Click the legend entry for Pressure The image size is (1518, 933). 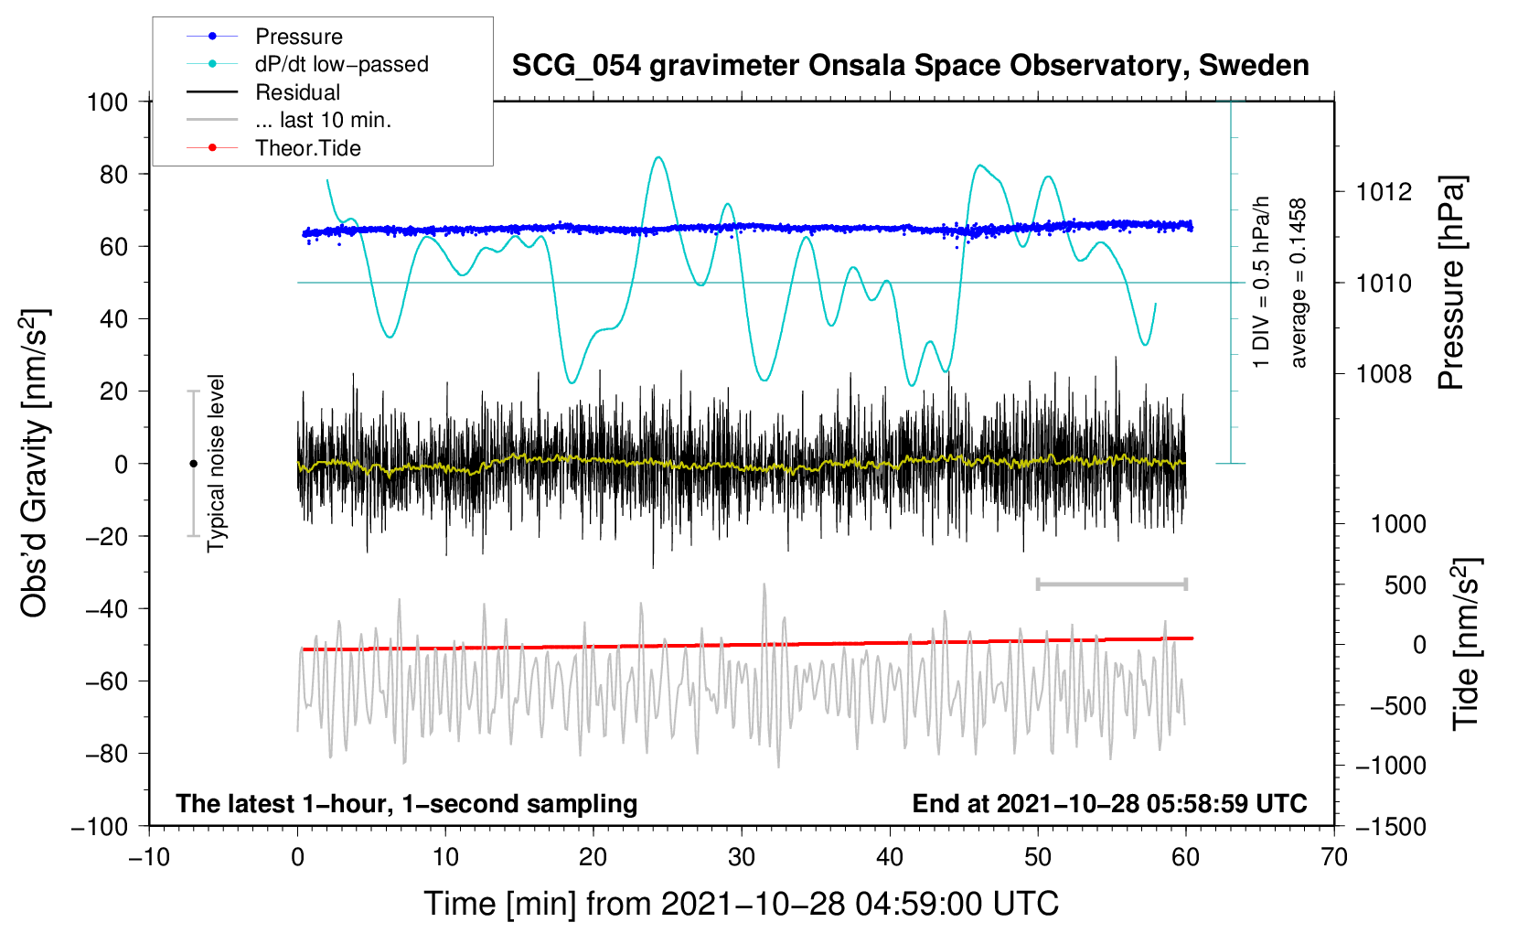(264, 36)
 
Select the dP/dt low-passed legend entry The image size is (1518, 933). (307, 64)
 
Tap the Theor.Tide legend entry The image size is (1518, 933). (273, 148)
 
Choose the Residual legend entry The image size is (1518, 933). (263, 92)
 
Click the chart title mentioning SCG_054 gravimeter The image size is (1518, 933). (910, 66)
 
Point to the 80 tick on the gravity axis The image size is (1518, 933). (113, 175)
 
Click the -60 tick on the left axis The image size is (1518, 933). (106, 681)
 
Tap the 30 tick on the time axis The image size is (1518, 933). (742, 857)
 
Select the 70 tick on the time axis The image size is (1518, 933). (1333, 857)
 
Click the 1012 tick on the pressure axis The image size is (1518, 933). (1384, 192)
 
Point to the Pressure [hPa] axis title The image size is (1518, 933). (1451, 283)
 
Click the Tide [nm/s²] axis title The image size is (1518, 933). (1466, 644)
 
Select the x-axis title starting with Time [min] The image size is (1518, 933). (742, 904)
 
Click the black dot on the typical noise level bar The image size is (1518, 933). (193, 464)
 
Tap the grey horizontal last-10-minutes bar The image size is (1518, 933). (1111, 584)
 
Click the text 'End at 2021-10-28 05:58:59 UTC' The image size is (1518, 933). (1109, 803)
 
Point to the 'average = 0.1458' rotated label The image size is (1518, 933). (1298, 283)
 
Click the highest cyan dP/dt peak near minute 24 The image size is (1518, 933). (658, 157)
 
